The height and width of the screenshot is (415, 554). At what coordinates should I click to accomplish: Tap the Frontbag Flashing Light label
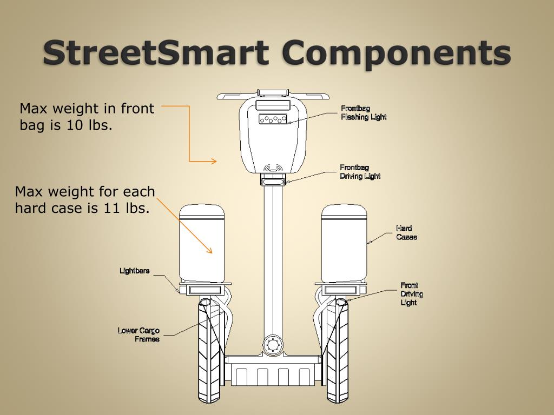(x=364, y=112)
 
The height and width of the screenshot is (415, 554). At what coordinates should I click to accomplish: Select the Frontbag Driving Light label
(x=360, y=172)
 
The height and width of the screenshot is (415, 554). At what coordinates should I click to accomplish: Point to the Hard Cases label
(x=406, y=233)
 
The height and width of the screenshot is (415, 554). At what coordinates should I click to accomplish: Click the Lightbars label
(x=135, y=271)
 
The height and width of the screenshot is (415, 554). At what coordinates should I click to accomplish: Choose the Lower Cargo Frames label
(x=138, y=335)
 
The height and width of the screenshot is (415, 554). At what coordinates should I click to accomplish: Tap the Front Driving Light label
(x=412, y=294)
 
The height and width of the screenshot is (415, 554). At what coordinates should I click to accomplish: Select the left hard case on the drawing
(x=202, y=243)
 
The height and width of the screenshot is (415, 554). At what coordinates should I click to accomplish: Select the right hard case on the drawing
(x=344, y=243)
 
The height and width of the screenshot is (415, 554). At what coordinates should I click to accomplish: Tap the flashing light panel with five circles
(x=273, y=119)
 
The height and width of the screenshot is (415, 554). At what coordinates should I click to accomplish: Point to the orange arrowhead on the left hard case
(x=209, y=250)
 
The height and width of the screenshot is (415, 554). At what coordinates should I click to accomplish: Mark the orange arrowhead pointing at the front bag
(x=214, y=161)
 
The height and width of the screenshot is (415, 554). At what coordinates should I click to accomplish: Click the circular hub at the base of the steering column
(x=273, y=344)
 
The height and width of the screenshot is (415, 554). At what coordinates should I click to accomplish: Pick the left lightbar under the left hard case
(x=205, y=290)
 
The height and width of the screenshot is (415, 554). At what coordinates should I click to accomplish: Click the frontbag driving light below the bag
(x=273, y=182)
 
